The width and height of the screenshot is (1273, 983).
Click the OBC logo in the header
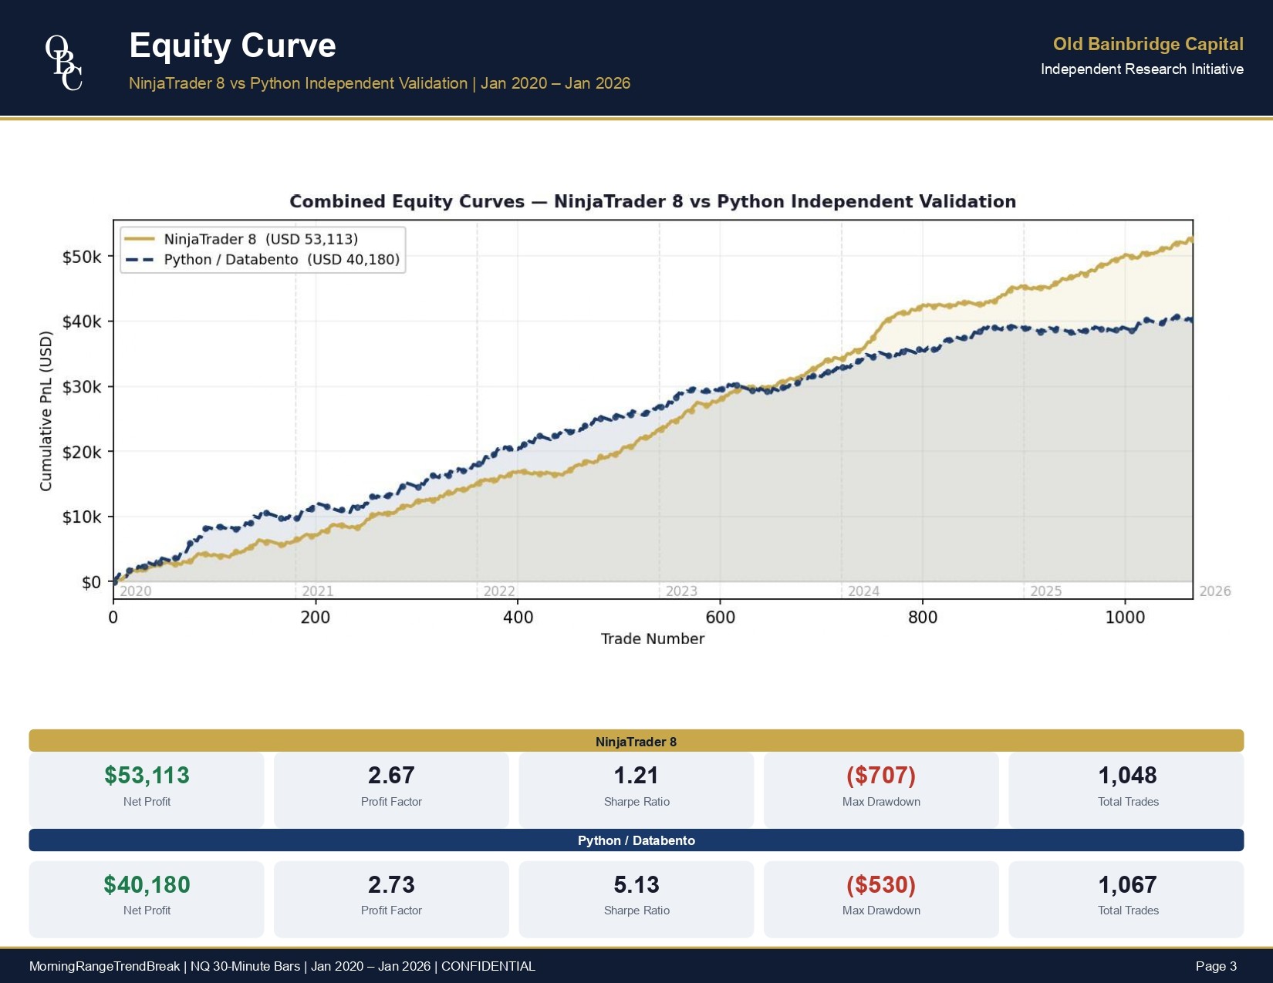pos(64,62)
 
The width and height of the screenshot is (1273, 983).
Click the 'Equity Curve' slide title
pos(232,45)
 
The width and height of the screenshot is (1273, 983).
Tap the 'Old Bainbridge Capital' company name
pos(1147,45)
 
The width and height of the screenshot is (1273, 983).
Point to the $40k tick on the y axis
pos(82,321)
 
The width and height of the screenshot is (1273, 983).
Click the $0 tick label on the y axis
pos(91,582)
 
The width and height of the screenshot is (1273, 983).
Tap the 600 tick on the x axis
pos(720,618)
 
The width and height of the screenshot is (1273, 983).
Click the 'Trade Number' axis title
pos(652,639)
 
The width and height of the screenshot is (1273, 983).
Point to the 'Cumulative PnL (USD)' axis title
pos(46,411)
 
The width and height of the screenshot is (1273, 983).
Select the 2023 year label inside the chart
pos(681,591)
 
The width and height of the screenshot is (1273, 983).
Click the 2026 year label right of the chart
pos(1214,591)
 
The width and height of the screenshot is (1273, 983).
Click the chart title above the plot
pos(652,202)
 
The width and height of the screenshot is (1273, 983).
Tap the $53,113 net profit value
pos(147,776)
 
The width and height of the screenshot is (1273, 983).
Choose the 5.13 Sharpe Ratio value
pos(636,885)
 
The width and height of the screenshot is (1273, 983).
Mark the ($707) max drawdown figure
pos(880,776)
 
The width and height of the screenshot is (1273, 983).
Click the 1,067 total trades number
pos(1127,885)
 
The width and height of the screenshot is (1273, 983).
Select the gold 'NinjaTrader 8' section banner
pos(636,742)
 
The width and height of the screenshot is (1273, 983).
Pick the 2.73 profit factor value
pos(391,885)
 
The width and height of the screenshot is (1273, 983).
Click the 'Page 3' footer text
pos(1216,967)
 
